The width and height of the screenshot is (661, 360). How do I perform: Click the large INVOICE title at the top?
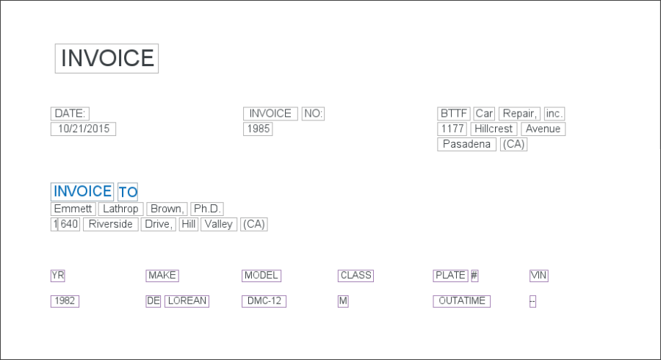point(107,59)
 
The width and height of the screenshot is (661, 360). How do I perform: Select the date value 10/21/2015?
point(83,129)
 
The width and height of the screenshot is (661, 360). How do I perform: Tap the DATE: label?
point(71,114)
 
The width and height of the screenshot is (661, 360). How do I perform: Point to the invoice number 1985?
point(258,129)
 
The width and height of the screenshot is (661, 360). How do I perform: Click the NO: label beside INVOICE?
point(313,114)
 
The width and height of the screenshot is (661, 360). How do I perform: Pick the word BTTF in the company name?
point(454,114)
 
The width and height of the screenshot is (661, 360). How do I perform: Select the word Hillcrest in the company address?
point(494,129)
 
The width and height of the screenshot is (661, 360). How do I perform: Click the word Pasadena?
point(466,145)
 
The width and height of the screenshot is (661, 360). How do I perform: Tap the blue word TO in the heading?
point(128,192)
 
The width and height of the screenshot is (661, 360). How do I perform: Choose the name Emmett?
point(73,209)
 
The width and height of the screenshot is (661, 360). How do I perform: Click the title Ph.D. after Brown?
point(206,209)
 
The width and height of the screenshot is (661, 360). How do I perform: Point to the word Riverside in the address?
point(111,225)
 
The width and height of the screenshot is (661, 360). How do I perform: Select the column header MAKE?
point(162,276)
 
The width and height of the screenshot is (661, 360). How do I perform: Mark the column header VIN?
point(539,276)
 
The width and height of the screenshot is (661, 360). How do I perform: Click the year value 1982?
point(65,301)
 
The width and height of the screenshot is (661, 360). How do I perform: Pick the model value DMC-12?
point(264,301)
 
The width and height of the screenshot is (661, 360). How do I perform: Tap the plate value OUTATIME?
point(462,301)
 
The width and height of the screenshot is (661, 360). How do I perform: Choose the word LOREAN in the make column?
point(187,301)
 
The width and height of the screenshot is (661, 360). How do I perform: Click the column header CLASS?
point(356,276)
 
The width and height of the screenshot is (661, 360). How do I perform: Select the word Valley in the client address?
point(219,225)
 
